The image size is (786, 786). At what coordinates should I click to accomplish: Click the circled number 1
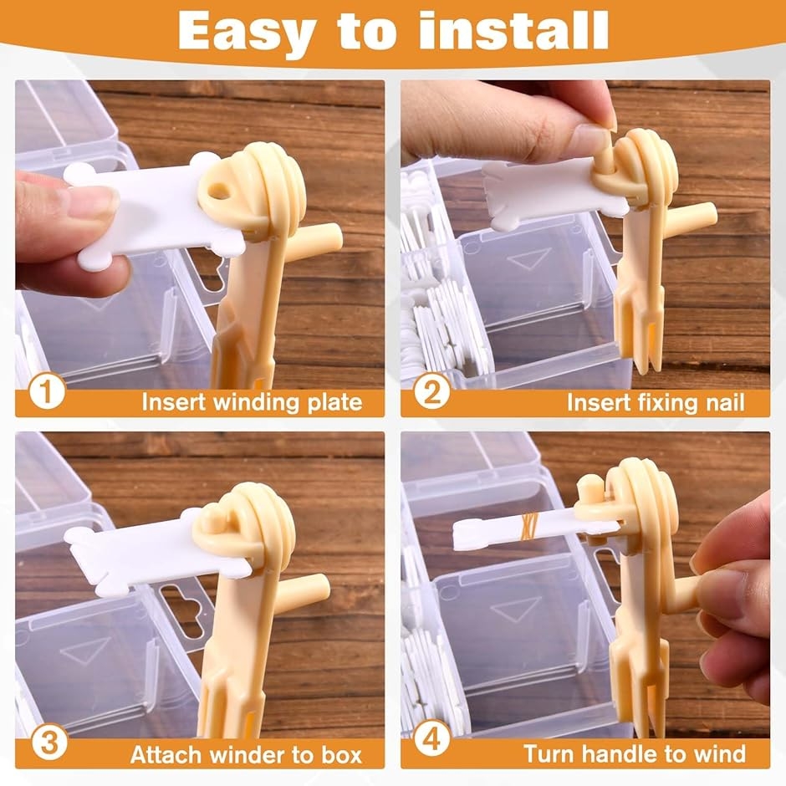point(47,391)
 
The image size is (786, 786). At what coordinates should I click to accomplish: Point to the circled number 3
point(48,742)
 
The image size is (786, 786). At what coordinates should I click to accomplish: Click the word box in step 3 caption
point(341,754)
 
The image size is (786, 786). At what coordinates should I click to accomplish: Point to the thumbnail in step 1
point(93,202)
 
